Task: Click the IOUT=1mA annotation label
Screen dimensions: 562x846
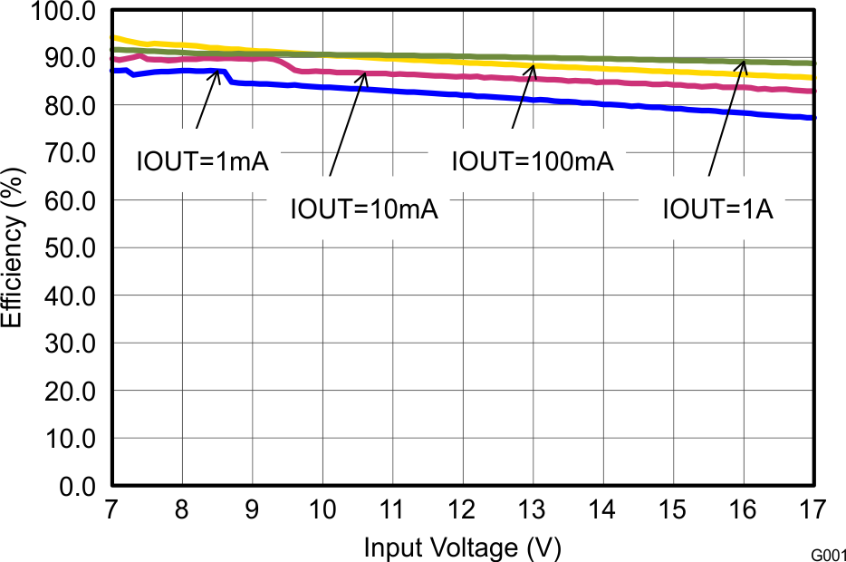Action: coord(203,163)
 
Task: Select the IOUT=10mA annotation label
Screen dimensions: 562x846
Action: coord(364,209)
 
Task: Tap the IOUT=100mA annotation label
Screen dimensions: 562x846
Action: coord(533,162)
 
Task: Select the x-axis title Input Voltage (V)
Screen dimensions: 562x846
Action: coord(462,547)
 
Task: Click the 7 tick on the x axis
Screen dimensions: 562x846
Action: coord(112,510)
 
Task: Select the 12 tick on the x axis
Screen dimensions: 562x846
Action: coord(463,510)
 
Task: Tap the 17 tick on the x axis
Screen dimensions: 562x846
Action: coord(813,510)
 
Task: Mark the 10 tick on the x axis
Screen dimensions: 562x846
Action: coord(322,510)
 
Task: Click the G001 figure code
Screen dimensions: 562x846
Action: coord(827,552)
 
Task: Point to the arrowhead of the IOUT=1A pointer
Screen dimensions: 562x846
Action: coord(745,63)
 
